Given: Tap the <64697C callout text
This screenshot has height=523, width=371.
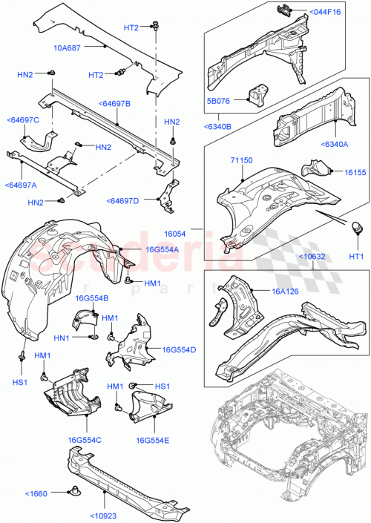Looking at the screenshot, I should (x=23, y=119).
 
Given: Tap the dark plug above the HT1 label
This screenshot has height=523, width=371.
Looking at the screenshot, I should (x=355, y=226).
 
